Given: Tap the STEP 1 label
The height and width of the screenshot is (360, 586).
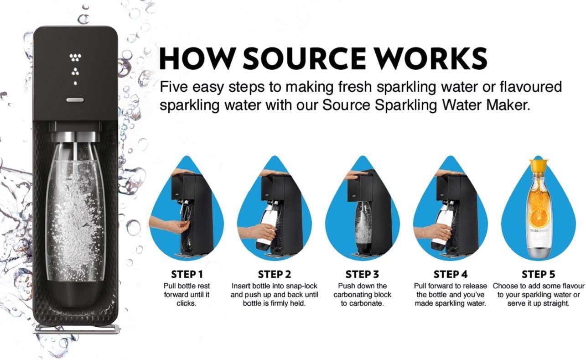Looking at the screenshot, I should click(187, 274).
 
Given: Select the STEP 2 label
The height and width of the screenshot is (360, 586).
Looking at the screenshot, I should click(274, 274).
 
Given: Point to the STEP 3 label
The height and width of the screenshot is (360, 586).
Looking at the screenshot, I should click(362, 274).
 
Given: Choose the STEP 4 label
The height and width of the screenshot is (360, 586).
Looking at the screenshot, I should click(450, 274).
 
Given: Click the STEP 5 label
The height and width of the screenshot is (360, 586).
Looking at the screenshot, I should click(539, 274).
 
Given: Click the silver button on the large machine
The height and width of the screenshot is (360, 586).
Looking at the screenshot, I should click(75, 99).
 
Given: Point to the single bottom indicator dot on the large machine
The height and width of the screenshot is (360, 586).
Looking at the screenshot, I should click(75, 83).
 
